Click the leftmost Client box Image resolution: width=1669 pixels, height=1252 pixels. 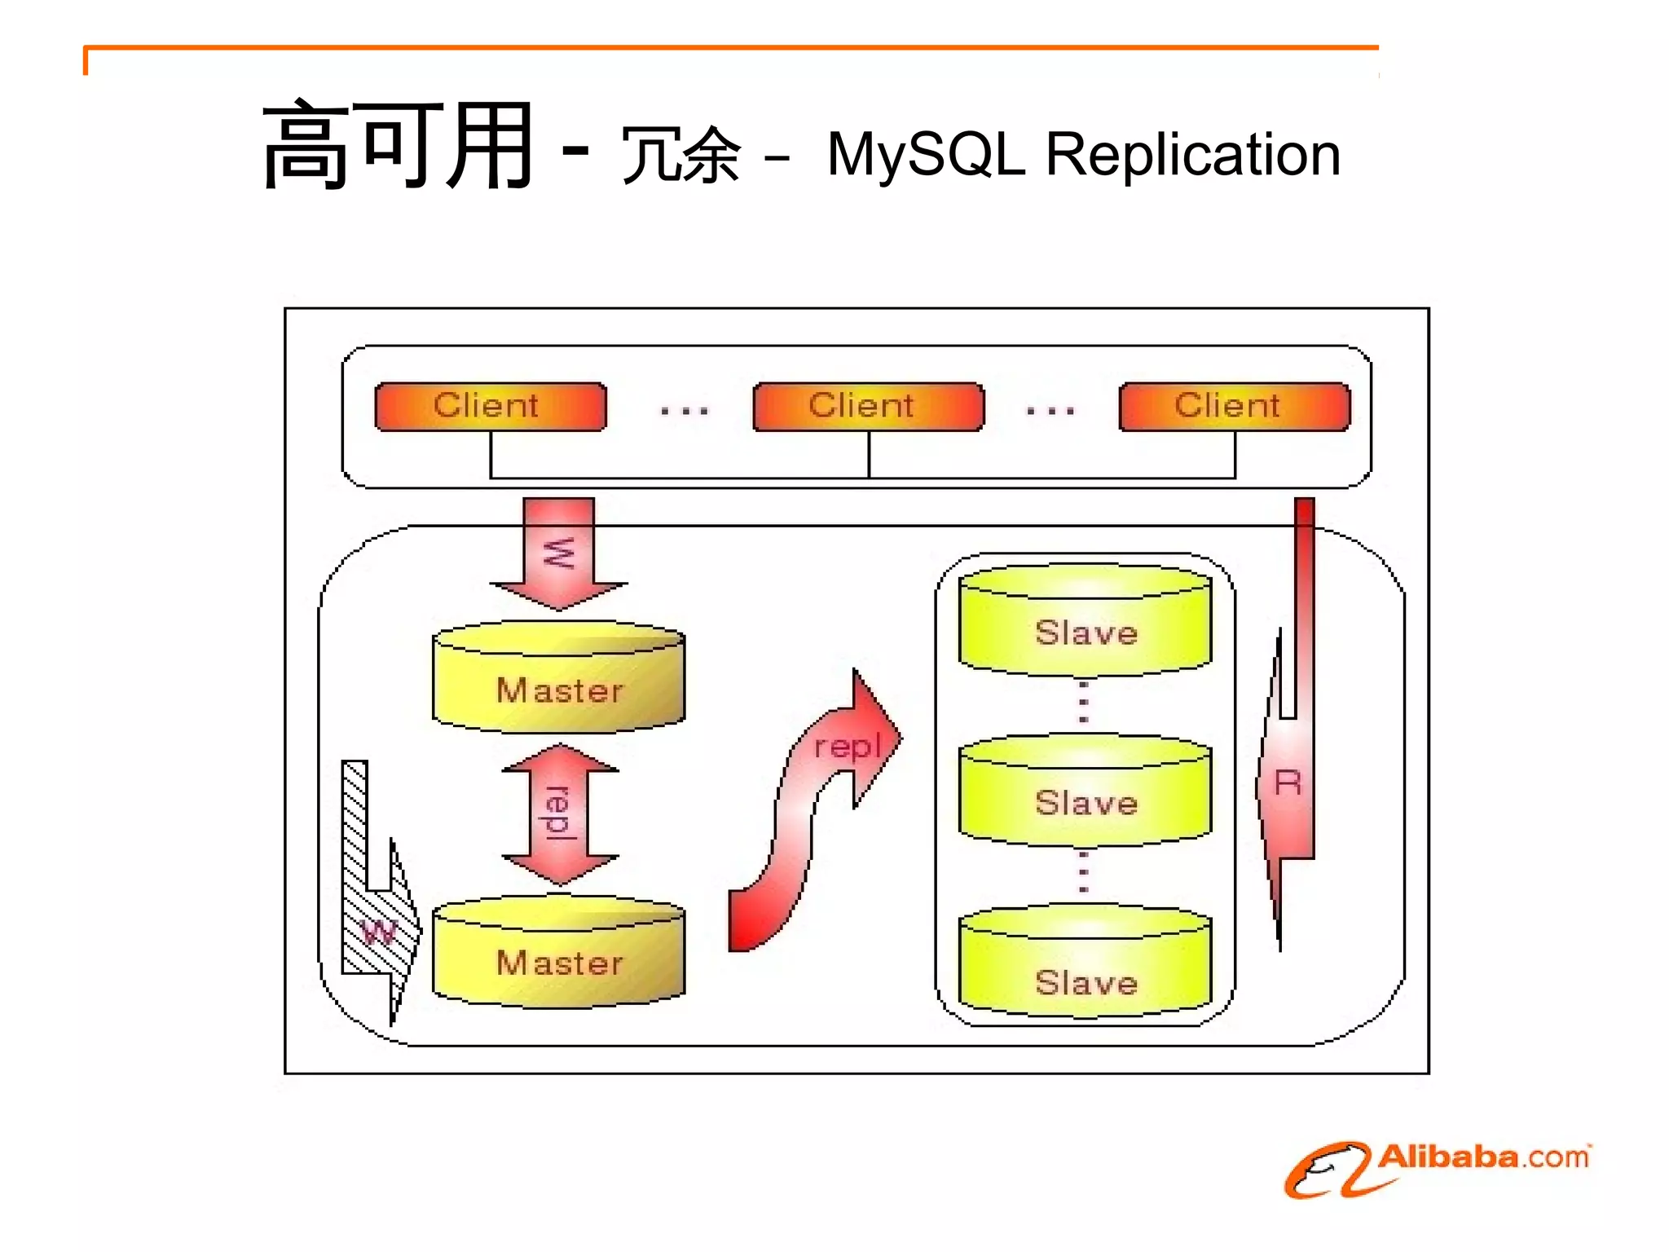point(490,406)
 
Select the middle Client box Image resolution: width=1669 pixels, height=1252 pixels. point(868,406)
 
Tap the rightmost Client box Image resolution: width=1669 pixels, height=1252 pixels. point(1234,406)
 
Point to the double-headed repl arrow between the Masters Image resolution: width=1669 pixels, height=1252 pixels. point(560,813)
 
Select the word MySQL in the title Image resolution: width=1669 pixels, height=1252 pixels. point(925,155)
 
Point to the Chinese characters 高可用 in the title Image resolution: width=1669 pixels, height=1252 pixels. point(398,147)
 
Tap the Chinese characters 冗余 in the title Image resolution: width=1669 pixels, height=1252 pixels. point(681,155)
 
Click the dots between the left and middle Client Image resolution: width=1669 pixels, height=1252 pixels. point(684,411)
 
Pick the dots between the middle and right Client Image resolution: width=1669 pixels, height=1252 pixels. point(1050,411)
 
